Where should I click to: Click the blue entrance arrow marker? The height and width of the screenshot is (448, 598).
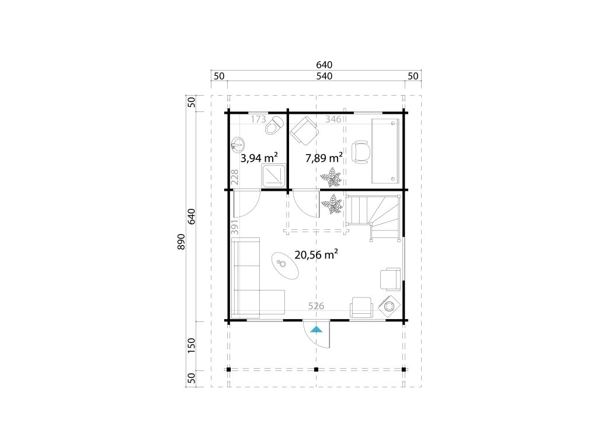tap(316, 329)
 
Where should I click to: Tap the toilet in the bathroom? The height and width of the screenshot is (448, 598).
tap(274, 125)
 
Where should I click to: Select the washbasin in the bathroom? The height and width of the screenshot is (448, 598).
tap(238, 145)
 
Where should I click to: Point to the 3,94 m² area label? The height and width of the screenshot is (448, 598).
tap(259, 157)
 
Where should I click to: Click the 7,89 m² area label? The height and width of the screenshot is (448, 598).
tap(324, 157)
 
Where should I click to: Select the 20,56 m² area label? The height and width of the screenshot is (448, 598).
tap(317, 254)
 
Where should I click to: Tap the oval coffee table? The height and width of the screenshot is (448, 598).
tap(284, 266)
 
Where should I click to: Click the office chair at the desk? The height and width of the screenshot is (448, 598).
tap(360, 152)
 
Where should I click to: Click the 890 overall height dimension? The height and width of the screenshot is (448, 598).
tap(181, 242)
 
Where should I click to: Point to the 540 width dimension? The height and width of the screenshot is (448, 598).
tap(324, 76)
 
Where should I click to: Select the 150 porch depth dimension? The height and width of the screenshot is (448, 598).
tap(192, 345)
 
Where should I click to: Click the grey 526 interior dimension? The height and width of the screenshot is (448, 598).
tap(316, 306)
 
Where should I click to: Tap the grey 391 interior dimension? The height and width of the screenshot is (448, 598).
tap(235, 226)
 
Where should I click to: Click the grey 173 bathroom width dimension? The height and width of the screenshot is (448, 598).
tap(258, 119)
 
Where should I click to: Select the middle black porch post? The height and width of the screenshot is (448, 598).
tap(316, 369)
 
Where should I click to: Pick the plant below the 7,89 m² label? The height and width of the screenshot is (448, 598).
tap(331, 177)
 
